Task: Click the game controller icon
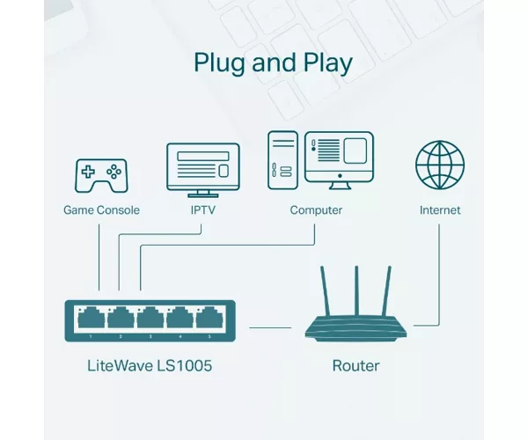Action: coord(101,176)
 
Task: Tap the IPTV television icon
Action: coord(203,170)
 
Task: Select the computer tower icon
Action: coord(282,160)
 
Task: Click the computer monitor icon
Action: coord(339,160)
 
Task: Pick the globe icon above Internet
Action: coord(440,165)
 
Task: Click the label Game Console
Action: coord(101,210)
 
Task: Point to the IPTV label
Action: coord(203,210)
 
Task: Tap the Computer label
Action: coord(316,210)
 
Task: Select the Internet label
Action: coord(440,210)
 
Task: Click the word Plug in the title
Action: coord(219,63)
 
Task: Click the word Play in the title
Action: coord(327,63)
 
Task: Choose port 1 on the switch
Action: coord(91,317)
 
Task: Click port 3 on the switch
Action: coord(150,317)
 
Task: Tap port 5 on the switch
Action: coord(209,317)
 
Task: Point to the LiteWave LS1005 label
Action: coord(150,366)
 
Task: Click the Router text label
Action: coord(356,366)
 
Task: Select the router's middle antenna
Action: coord(356,291)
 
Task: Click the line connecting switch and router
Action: coord(270,327)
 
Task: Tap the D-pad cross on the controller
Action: coord(88,172)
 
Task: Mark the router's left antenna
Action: coord(325,291)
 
